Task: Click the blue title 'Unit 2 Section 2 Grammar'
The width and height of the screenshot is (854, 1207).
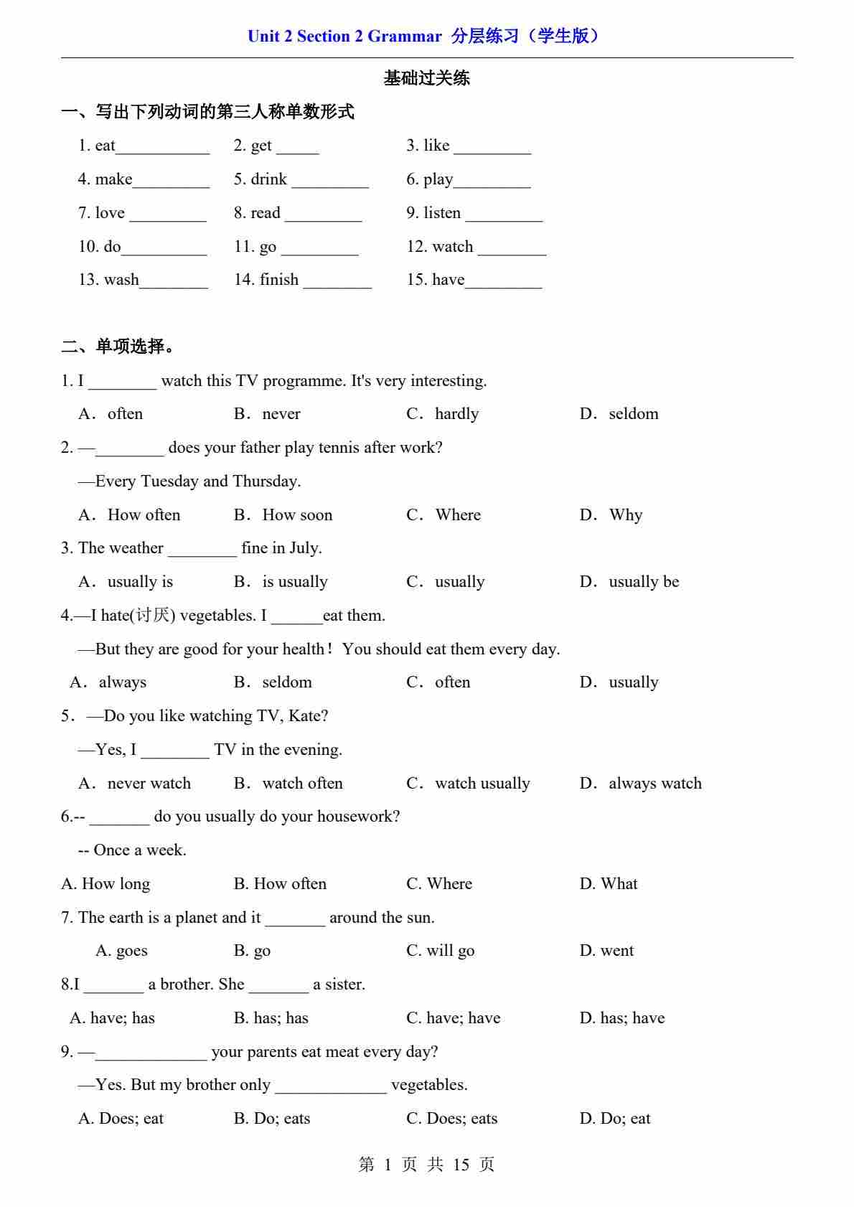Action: coord(344,37)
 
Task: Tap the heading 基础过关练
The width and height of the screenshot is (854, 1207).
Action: coord(426,78)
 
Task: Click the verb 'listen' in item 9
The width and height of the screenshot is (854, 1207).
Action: coord(442,213)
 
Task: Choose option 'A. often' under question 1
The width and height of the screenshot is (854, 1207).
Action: coord(111,414)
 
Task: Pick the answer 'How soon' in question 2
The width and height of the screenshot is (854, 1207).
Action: coord(297,515)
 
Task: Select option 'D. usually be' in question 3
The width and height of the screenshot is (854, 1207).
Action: coord(629,582)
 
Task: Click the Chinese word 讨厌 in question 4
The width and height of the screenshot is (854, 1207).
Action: coord(153,616)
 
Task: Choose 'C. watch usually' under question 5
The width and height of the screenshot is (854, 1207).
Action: coord(469,784)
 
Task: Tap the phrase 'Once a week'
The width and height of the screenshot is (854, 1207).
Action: coord(140,850)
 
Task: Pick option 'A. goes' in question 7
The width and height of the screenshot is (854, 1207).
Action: coord(121,951)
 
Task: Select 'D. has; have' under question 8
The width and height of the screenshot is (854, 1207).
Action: coord(621,1018)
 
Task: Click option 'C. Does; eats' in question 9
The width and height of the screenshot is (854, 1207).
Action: coord(451,1119)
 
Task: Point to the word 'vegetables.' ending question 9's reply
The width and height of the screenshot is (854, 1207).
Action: coord(429,1085)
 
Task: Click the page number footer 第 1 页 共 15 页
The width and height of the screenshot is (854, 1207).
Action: coord(426,1165)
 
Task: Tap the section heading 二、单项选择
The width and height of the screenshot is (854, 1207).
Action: coord(118,347)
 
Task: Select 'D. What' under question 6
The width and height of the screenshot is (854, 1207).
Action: coord(608,884)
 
